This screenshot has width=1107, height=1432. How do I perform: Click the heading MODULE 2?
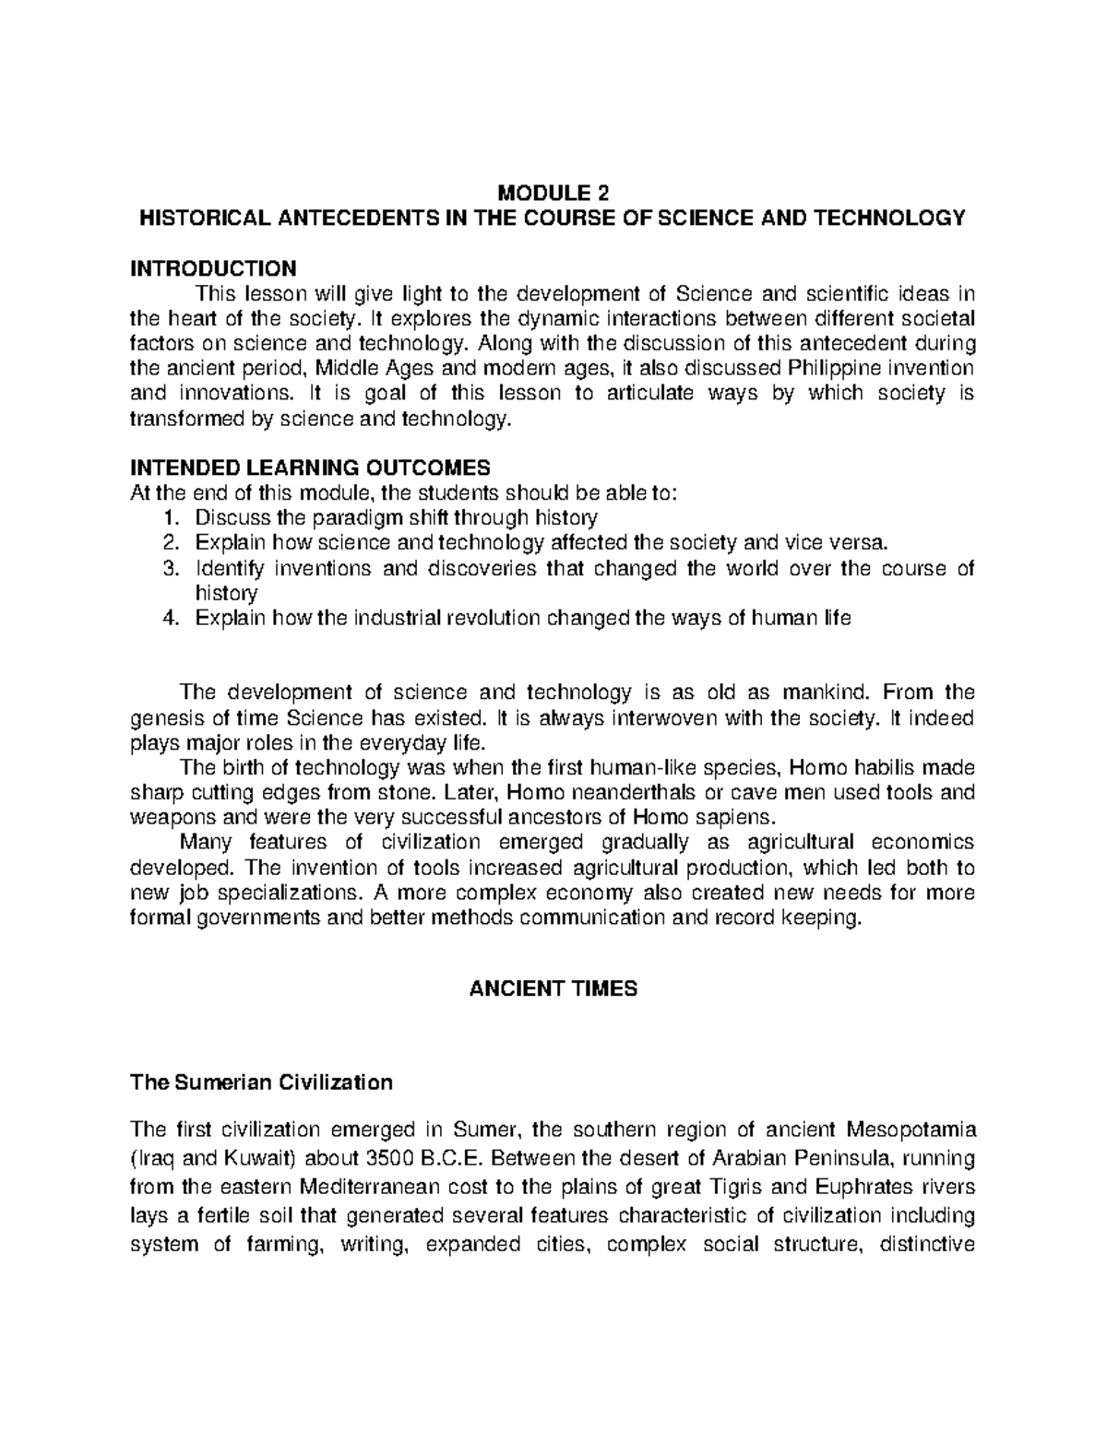(553, 194)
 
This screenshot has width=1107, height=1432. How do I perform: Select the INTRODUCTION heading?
(213, 268)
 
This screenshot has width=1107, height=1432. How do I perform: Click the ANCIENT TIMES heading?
(553, 989)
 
